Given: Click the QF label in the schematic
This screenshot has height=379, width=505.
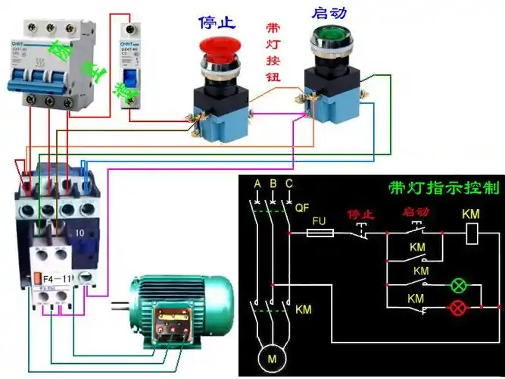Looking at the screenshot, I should coord(302,206).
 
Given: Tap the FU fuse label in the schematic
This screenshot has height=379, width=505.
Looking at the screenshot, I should coord(318,219).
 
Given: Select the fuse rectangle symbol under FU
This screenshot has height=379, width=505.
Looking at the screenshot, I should coord(320,234).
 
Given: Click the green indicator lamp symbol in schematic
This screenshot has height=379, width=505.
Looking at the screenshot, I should coord(458,286).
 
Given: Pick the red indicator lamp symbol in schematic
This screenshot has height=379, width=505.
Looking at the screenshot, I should coord(458,308).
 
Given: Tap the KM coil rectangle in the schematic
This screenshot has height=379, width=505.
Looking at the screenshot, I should coord(471,234).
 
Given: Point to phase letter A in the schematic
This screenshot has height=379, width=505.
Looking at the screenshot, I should coord(257,184).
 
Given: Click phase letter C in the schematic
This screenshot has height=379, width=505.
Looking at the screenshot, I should coord(288,184).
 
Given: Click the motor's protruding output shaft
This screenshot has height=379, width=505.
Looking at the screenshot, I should coord(120,307).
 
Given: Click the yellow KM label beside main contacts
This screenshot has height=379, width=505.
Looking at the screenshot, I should coord(303,310).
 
